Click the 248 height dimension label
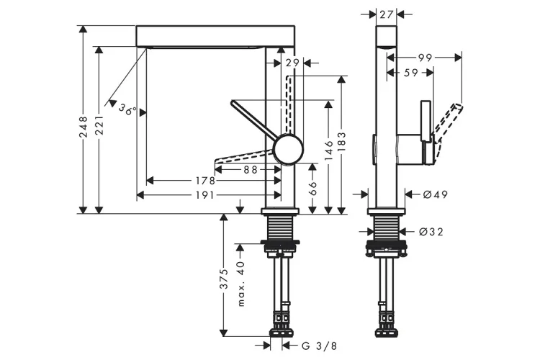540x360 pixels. (x=84, y=127)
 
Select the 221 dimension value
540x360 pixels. (x=99, y=127)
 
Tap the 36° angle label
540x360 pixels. (x=127, y=110)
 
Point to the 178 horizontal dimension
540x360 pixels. (x=206, y=181)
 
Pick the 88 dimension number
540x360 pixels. (x=250, y=169)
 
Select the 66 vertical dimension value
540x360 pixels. (x=313, y=187)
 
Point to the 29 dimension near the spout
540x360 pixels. (x=292, y=63)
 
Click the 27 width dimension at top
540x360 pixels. (x=386, y=14)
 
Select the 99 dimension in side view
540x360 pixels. (x=423, y=57)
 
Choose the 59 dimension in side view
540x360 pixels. (x=410, y=72)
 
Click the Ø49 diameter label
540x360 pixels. (x=436, y=194)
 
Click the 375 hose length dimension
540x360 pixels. (x=224, y=279)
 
